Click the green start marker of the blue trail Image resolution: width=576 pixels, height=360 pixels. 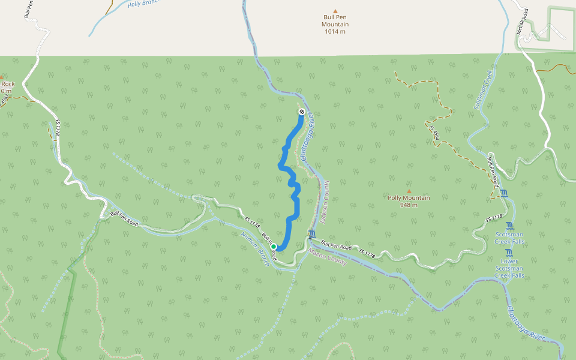tap(274, 247)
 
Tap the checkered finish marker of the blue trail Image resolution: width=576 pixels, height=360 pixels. tap(301, 112)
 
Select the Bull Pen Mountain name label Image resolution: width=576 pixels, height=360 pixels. tap(335, 21)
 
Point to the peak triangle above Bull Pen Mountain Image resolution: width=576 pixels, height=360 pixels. tap(335, 10)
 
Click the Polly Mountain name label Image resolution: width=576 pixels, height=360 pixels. tap(409, 198)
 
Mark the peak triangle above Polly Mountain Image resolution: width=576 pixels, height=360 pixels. tap(409, 191)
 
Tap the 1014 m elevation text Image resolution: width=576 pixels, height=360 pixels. tap(335, 32)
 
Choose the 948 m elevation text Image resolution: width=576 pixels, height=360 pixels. tap(409, 205)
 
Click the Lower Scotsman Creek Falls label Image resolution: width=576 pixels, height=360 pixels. tap(509, 268)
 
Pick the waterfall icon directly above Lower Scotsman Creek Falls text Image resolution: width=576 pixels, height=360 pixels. tap(509, 253)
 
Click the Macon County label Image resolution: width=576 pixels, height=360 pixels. tap(328, 256)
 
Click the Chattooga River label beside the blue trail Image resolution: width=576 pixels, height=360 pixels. tap(307, 138)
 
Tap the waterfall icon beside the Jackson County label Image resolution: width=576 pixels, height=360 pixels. tap(311, 234)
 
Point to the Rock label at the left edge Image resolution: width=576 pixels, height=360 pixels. tap(7, 84)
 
